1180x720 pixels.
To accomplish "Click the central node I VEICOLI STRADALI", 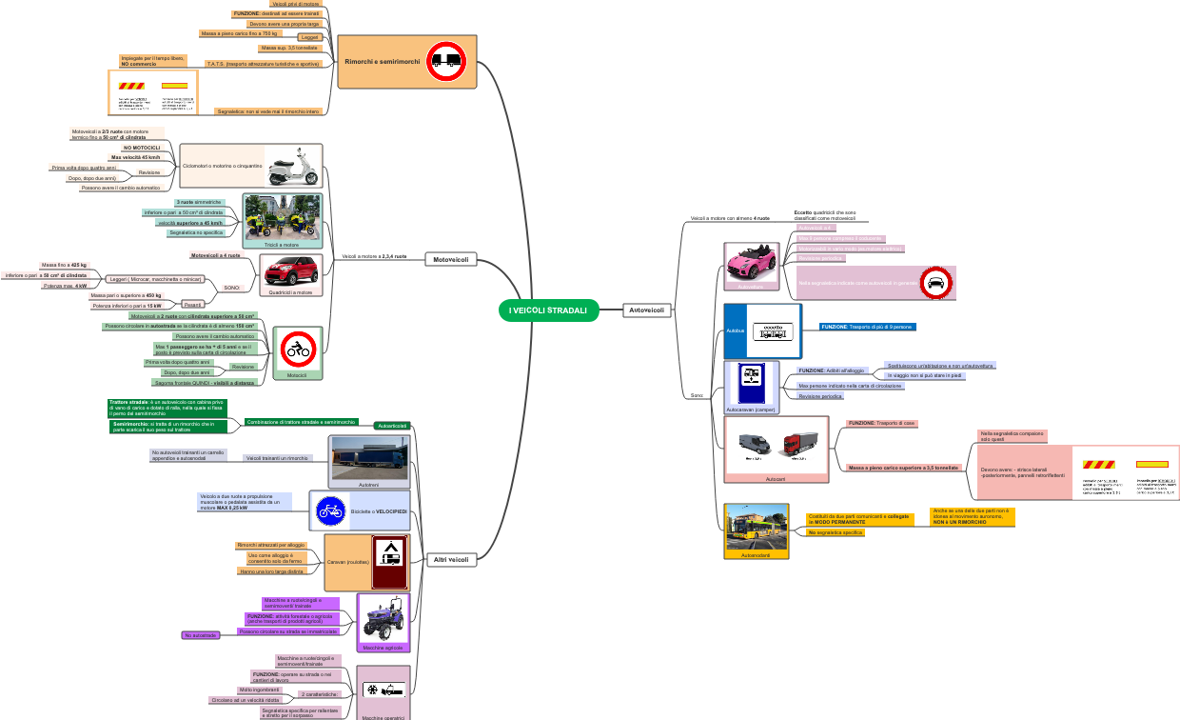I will coord(548,310).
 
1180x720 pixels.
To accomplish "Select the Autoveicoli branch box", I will coord(648,310).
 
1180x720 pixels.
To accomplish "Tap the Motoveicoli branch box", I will coord(450,259).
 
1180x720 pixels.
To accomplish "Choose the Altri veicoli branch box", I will coord(450,560).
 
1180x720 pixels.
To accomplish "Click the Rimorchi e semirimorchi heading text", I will coord(382,61).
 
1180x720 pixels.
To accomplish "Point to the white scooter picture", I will coord(292,166).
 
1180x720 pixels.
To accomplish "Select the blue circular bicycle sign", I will coord(330,511).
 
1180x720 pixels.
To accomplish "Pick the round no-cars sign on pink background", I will coord(935,283).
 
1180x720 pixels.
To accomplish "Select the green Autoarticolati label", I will coord(392,426).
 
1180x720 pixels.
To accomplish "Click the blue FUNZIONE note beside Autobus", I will coord(868,327).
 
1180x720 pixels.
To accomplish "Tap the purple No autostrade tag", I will coord(201,635).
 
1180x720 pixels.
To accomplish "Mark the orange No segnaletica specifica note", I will coord(836,532).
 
